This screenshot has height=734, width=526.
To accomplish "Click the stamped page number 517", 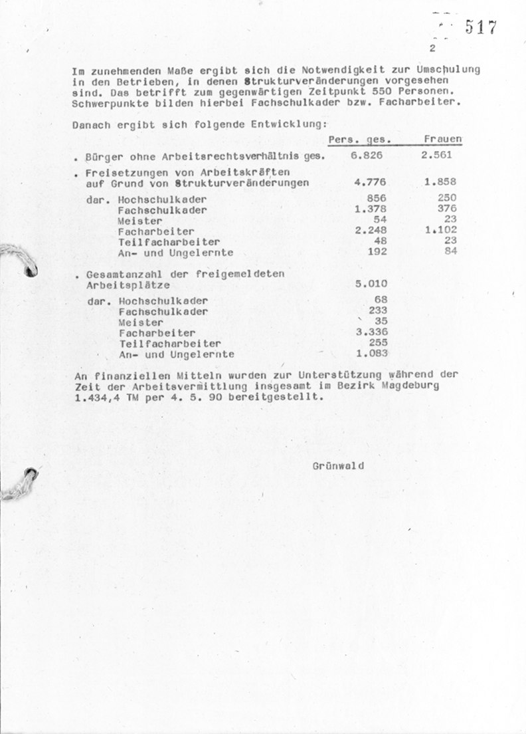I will [x=481, y=27].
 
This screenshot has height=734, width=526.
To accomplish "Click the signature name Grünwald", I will [x=338, y=465].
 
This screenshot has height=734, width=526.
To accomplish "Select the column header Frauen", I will [x=443, y=140].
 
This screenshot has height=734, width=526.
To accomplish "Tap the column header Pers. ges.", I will [x=359, y=140].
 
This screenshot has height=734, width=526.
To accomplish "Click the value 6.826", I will [x=367, y=156].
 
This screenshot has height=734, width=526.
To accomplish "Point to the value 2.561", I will [x=436, y=156].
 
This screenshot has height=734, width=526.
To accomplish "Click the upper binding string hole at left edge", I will [x=30, y=269].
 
